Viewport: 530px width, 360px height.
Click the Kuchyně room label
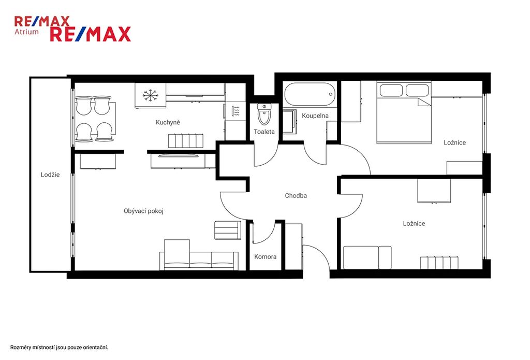(x=168, y=122)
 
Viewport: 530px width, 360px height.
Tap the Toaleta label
(x=264, y=132)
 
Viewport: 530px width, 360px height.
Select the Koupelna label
(x=315, y=116)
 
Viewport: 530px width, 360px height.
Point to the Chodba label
(x=296, y=196)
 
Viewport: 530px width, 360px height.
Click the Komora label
(x=266, y=257)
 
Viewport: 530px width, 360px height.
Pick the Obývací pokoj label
(x=144, y=211)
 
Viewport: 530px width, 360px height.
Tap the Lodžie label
(x=50, y=175)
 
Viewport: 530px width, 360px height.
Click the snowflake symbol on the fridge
(x=151, y=95)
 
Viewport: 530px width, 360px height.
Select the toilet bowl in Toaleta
(x=264, y=114)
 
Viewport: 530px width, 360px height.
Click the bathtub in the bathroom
(x=310, y=94)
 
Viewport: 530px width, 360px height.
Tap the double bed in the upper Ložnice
(x=404, y=113)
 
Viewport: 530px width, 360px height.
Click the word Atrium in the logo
(x=26, y=32)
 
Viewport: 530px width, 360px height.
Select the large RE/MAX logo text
(x=91, y=34)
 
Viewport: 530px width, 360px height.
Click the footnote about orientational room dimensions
(x=59, y=348)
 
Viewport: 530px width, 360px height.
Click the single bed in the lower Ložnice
(x=367, y=257)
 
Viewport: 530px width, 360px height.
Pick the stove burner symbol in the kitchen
(x=236, y=111)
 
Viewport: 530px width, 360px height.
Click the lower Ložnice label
(x=414, y=224)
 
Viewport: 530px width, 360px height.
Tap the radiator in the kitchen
(x=186, y=141)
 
